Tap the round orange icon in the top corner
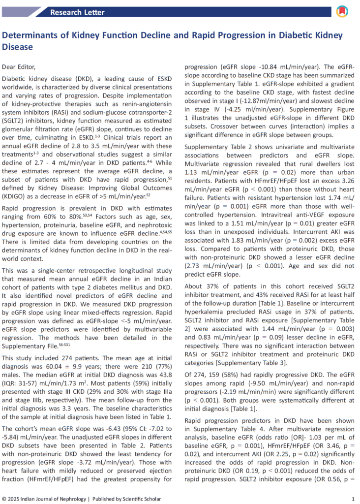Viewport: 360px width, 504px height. click(x=341, y=11)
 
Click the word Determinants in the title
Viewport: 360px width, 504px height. click(x=29, y=36)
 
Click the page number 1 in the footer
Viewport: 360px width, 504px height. click(x=353, y=499)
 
